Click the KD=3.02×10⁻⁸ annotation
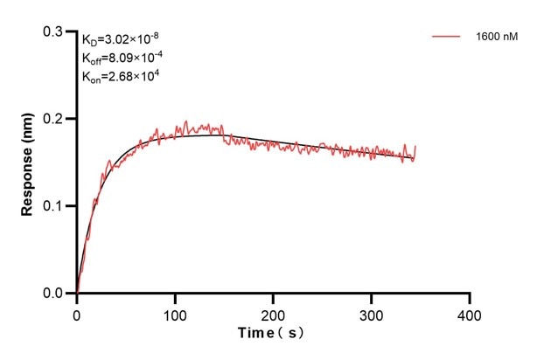[x=121, y=39]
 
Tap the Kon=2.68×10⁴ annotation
[x=121, y=76]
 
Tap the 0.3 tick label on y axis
[x=55, y=31]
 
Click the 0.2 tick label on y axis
[x=55, y=119]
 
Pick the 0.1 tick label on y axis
[x=55, y=206]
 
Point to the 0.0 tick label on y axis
[x=55, y=294]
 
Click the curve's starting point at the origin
[x=77, y=293]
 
